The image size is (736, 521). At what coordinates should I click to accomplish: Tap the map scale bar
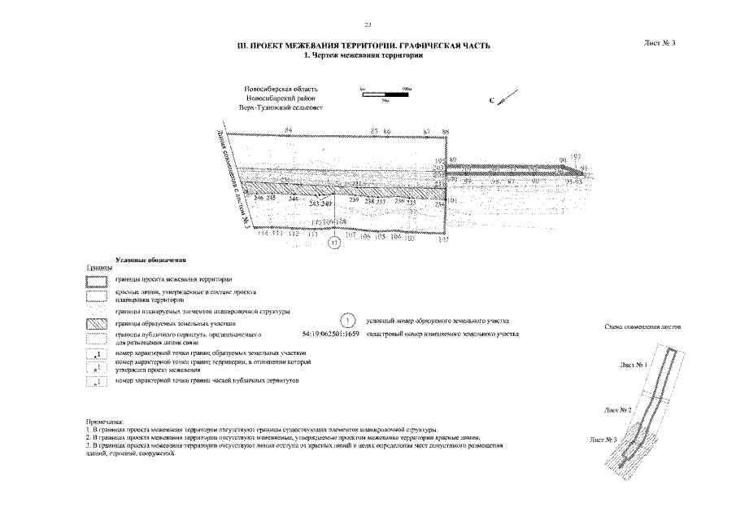coord(385,95)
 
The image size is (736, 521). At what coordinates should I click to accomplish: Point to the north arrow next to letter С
coord(505,99)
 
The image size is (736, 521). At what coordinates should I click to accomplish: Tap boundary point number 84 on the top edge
coord(288,130)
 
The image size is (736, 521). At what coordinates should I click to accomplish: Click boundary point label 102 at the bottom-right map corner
coord(444,240)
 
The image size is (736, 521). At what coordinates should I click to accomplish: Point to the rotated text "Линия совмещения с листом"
coord(232,179)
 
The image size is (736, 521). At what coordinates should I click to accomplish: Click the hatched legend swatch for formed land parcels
coord(97,323)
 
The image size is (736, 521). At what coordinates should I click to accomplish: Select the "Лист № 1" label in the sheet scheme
coord(633,365)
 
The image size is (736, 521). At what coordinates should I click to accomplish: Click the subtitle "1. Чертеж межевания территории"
coord(364,55)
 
